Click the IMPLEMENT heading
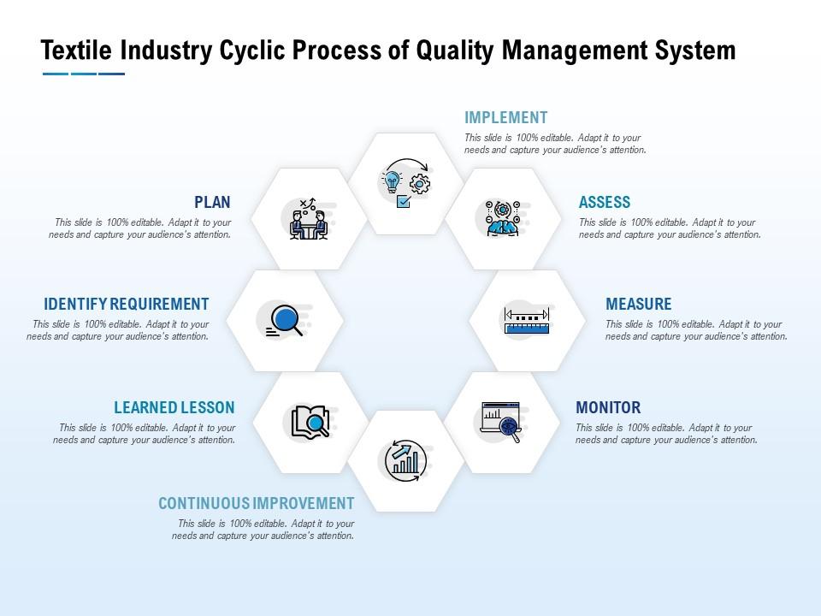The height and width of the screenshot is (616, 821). [x=505, y=118]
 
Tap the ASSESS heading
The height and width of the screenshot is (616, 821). [x=604, y=203]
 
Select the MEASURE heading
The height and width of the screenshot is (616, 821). [x=638, y=305]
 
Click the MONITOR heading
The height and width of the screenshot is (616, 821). [x=607, y=408]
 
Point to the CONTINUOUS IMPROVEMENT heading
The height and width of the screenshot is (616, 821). [x=256, y=504]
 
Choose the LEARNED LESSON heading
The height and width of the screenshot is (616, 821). [x=174, y=408]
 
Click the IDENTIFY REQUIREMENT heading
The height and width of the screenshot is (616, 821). [x=126, y=305]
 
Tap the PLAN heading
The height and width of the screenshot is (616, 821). [x=212, y=203]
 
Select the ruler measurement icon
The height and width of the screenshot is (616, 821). [x=526, y=321]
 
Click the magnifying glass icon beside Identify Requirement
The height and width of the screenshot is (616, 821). [x=285, y=321]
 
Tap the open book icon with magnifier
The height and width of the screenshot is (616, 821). [x=310, y=422]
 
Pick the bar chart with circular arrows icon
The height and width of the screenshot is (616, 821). [x=405, y=461]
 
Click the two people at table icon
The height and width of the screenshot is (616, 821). [x=308, y=220]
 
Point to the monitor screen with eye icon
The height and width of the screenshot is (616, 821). [x=501, y=422]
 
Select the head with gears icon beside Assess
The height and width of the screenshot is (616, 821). [x=501, y=219]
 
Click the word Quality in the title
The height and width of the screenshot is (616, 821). [x=454, y=51]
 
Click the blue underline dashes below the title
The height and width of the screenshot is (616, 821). [x=83, y=74]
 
